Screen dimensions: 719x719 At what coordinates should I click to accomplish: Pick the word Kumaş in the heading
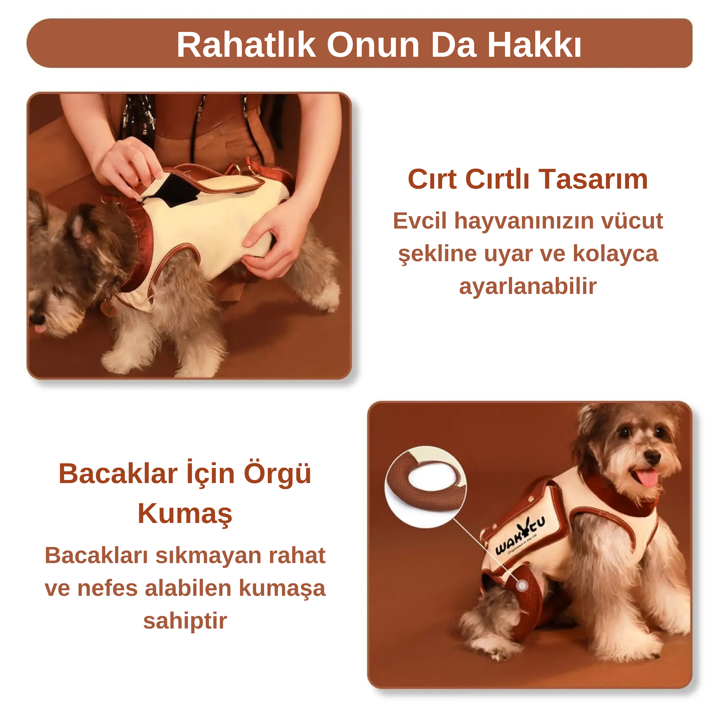point(185,513)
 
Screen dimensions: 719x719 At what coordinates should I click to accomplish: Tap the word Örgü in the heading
point(278,473)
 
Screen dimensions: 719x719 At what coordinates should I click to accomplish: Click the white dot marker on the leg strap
point(522,586)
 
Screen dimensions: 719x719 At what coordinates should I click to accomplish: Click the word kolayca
point(615,254)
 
